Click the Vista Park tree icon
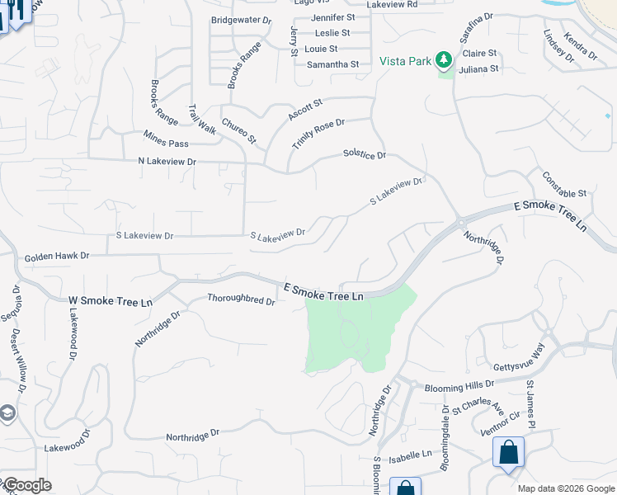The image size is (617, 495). [445, 59]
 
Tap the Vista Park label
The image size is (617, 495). [405, 60]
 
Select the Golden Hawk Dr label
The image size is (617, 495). [56, 257]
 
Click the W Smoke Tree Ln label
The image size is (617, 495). [111, 302]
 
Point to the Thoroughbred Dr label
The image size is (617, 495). [241, 299]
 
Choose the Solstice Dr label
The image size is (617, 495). [365, 154]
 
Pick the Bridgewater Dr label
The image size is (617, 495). [241, 19]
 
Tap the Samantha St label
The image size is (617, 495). [332, 64]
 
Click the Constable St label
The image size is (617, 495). [564, 186]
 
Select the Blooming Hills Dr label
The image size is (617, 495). [459, 385]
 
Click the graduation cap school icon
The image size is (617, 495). [7, 412]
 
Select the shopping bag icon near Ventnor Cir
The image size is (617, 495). [508, 453]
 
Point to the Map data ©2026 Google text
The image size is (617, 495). [565, 488]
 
